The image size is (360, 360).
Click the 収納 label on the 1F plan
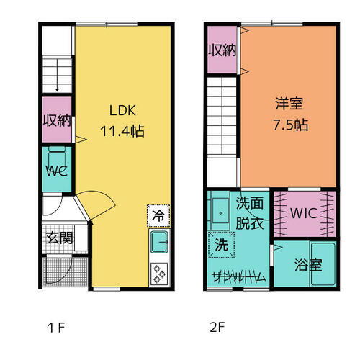click(x=55, y=120)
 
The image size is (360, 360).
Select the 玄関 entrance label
click(x=59, y=238)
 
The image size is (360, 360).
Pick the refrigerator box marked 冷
click(x=158, y=215)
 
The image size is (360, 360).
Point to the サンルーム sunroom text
click(x=237, y=276)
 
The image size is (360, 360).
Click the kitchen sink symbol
click(x=158, y=243)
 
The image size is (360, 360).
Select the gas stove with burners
click(x=158, y=273)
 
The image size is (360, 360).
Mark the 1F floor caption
click(x=55, y=328)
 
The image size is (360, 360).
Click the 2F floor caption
click(x=217, y=328)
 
